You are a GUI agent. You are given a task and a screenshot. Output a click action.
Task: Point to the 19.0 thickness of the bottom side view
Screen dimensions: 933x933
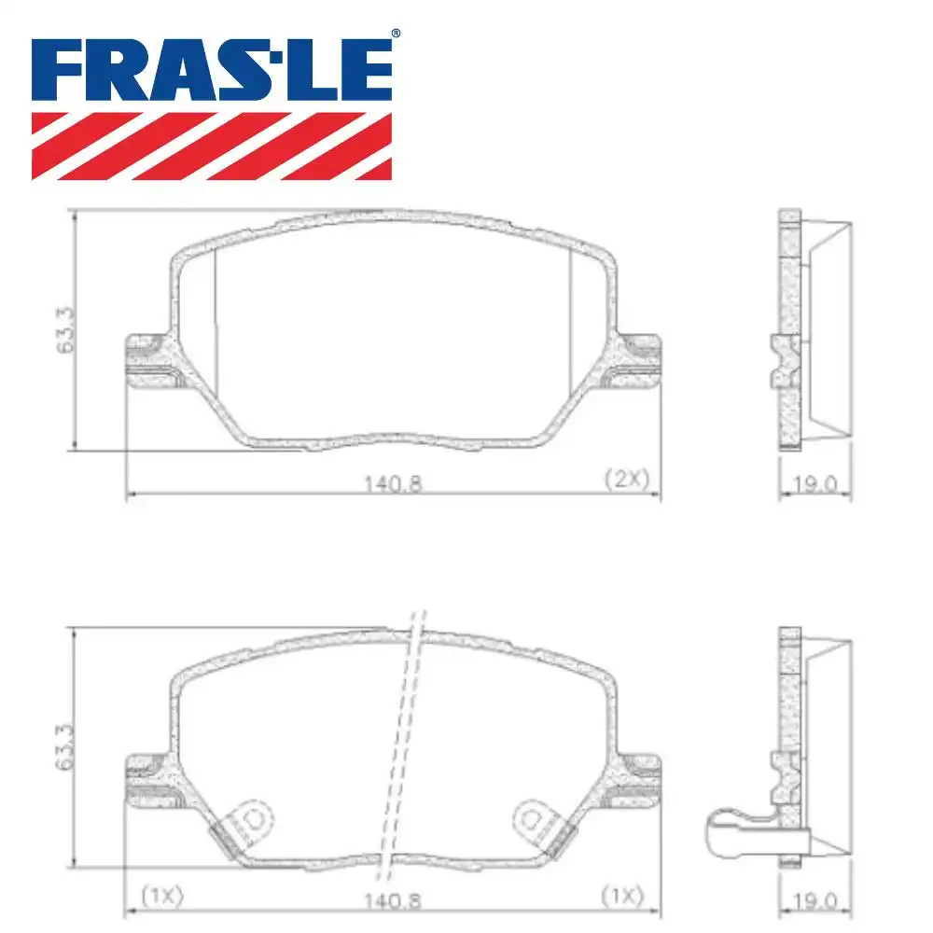click(815, 902)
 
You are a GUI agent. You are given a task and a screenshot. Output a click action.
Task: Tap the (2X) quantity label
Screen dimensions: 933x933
click(625, 480)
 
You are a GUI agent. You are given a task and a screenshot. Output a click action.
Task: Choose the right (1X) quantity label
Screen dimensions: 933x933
click(622, 896)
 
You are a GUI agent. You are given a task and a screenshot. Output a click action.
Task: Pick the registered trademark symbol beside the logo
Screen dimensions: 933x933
click(396, 34)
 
